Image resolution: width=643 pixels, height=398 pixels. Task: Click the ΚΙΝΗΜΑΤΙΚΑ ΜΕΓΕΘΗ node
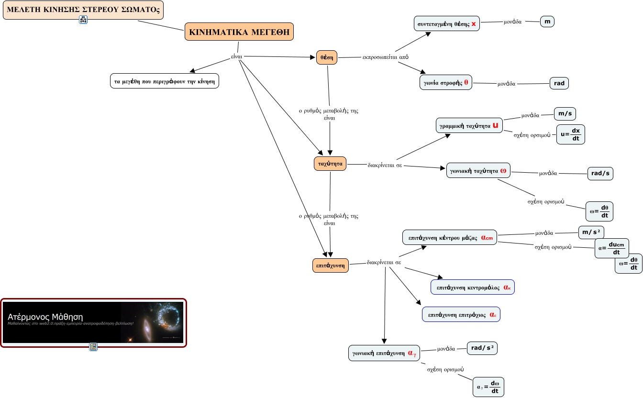tap(239, 33)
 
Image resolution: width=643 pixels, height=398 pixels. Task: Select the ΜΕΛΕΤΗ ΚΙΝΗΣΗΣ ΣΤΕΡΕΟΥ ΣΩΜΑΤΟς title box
tap(83, 10)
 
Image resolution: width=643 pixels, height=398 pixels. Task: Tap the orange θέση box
tap(327, 57)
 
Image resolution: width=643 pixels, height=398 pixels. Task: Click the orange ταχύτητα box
tap(330, 164)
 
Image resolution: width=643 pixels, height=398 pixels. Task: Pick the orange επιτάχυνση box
tap(330, 265)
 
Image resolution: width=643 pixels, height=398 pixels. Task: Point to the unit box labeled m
tap(547, 22)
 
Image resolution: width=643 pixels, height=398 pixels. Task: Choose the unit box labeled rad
tap(559, 83)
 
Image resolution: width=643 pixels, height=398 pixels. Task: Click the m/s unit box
tap(565, 113)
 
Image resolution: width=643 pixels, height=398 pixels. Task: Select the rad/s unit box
tap(600, 173)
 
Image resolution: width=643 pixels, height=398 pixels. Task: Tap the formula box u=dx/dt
tap(571, 134)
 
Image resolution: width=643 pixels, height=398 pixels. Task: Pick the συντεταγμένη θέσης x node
tap(446, 23)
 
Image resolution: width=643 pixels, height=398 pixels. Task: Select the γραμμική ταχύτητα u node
tap(470, 126)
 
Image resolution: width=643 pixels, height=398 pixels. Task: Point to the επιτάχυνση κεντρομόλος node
tap(472, 287)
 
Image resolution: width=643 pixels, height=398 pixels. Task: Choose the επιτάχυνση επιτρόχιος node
tap(461, 314)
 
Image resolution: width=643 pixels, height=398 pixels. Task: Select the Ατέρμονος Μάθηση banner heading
tap(45, 317)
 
